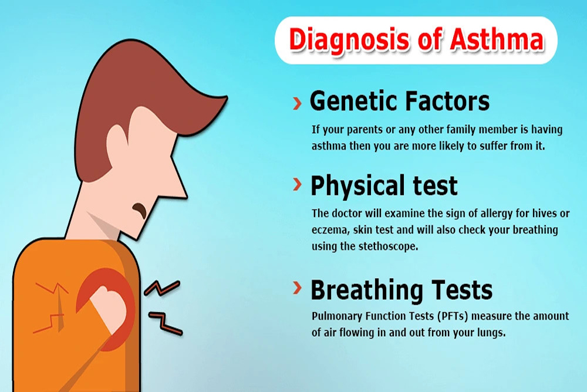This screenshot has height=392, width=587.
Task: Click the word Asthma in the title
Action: tap(497, 40)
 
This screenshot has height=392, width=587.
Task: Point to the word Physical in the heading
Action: tap(358, 186)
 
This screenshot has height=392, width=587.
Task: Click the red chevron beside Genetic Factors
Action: tap(297, 103)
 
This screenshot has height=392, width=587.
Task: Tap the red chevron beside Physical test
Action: tap(297, 184)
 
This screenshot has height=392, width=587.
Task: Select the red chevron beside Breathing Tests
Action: tap(297, 288)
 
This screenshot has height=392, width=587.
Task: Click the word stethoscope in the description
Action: tap(388, 246)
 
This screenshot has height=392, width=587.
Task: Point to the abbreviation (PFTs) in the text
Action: tap(453, 316)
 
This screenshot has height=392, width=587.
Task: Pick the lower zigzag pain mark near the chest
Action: tap(166, 323)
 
